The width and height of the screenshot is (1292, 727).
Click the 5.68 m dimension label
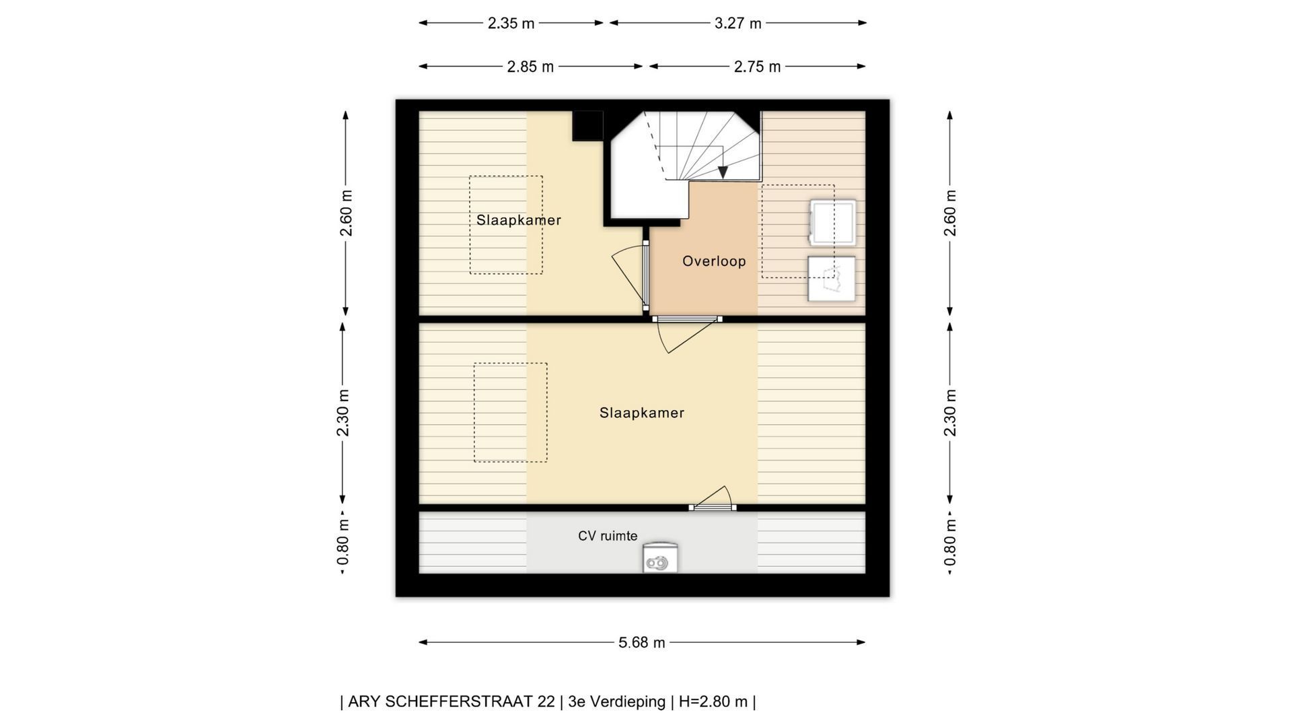641,643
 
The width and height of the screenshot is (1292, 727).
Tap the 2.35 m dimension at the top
511,24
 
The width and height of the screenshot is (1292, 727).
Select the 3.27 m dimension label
738,24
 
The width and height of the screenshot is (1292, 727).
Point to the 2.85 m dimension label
530,67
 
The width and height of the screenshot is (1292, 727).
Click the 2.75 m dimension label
757,67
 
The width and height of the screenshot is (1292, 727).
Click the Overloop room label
714,261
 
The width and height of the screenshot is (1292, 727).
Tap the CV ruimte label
608,536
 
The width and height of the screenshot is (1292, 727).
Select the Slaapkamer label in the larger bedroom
642,413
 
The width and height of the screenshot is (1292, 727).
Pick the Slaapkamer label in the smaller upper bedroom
519,220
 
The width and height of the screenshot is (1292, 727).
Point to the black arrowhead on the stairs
723,172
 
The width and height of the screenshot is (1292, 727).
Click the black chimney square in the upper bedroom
587,126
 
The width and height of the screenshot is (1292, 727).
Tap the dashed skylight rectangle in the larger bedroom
510,413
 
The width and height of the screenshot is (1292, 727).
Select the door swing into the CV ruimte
713,497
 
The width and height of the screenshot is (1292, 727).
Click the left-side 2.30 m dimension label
343,413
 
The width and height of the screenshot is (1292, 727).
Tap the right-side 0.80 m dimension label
949,542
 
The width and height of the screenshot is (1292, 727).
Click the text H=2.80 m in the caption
713,701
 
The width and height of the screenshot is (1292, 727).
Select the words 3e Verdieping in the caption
616,701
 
